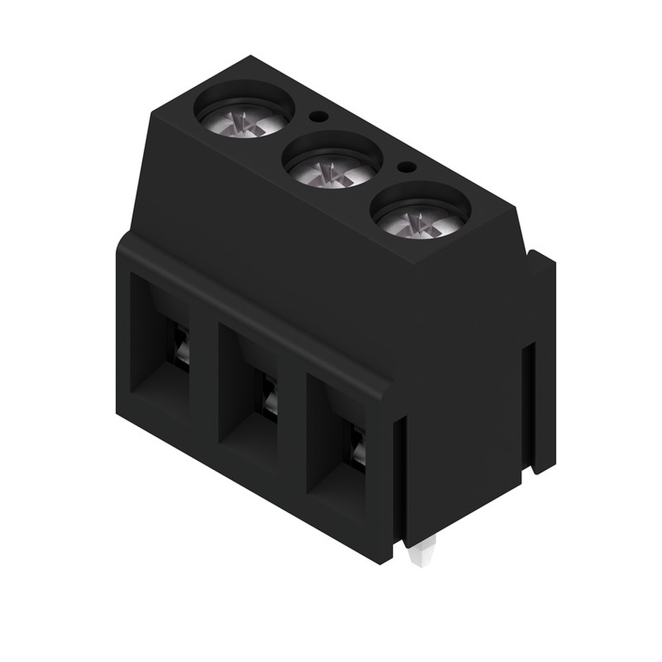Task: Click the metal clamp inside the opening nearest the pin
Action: [358, 450]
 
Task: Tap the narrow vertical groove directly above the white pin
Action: [399, 477]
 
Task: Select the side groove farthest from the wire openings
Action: [527, 404]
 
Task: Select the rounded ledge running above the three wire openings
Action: [252, 311]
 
